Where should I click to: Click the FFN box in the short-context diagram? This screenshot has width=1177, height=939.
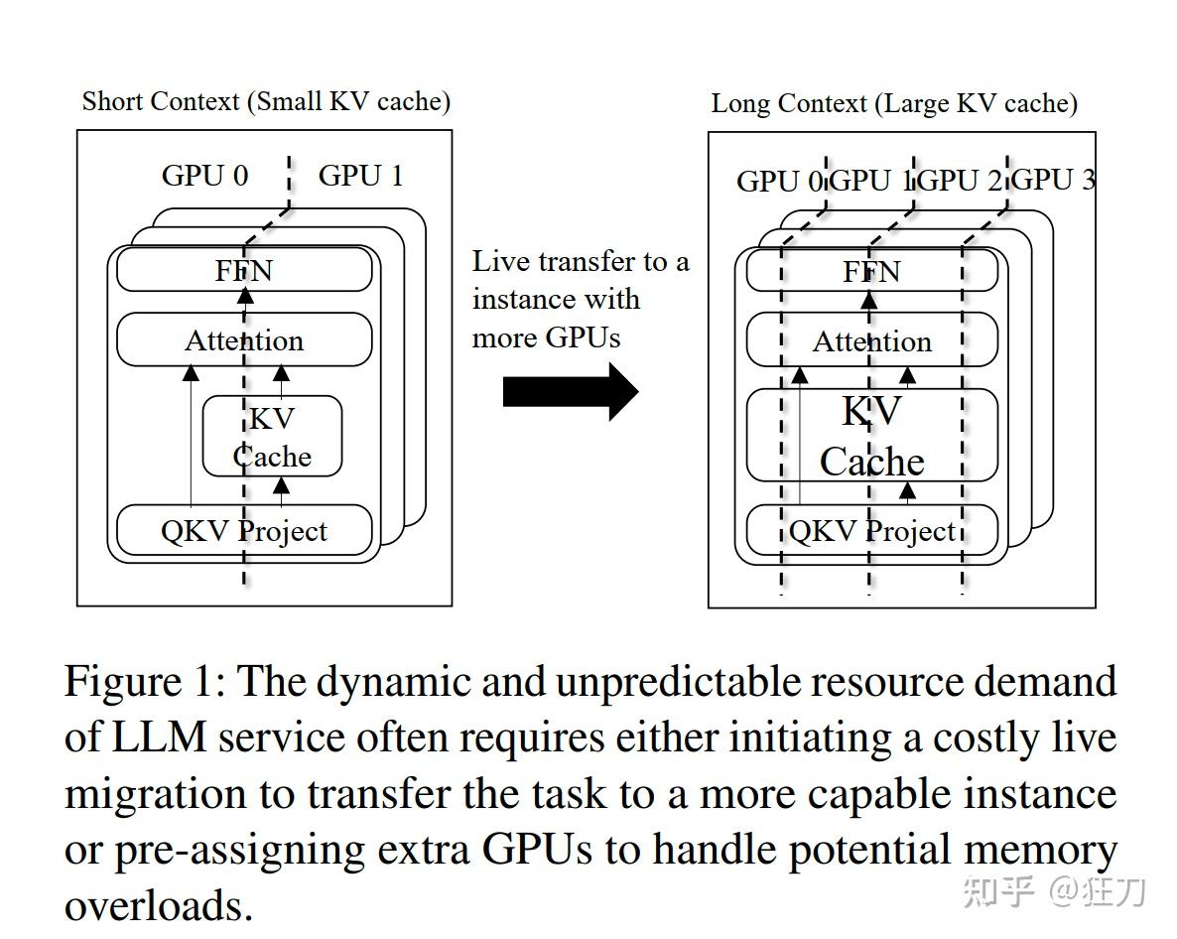click(244, 270)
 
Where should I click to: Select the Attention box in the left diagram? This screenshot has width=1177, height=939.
click(244, 340)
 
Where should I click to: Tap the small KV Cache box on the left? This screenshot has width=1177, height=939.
click(272, 437)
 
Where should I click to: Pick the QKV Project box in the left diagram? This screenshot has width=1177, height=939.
click(244, 531)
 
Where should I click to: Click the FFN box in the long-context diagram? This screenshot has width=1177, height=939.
click(871, 271)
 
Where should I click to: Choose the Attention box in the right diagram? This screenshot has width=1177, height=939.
click(871, 341)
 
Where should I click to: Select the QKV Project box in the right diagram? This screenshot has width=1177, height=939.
click(871, 531)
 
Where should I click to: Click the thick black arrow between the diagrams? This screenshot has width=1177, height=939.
click(570, 392)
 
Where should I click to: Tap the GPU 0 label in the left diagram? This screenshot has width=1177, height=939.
click(204, 176)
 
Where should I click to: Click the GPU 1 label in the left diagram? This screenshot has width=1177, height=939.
click(360, 176)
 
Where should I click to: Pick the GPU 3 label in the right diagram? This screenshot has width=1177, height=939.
click(1053, 180)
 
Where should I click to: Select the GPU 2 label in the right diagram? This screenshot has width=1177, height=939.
click(962, 181)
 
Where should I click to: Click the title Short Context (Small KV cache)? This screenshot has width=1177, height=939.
click(266, 101)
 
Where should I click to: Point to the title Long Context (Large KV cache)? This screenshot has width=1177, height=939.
click(893, 103)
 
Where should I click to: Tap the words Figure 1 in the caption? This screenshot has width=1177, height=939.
click(145, 682)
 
